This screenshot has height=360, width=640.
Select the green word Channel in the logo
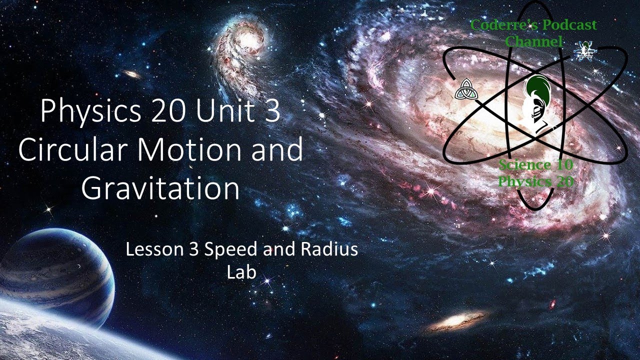(533, 41)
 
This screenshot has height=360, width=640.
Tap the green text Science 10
(535, 164)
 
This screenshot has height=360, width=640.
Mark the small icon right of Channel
(583, 49)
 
